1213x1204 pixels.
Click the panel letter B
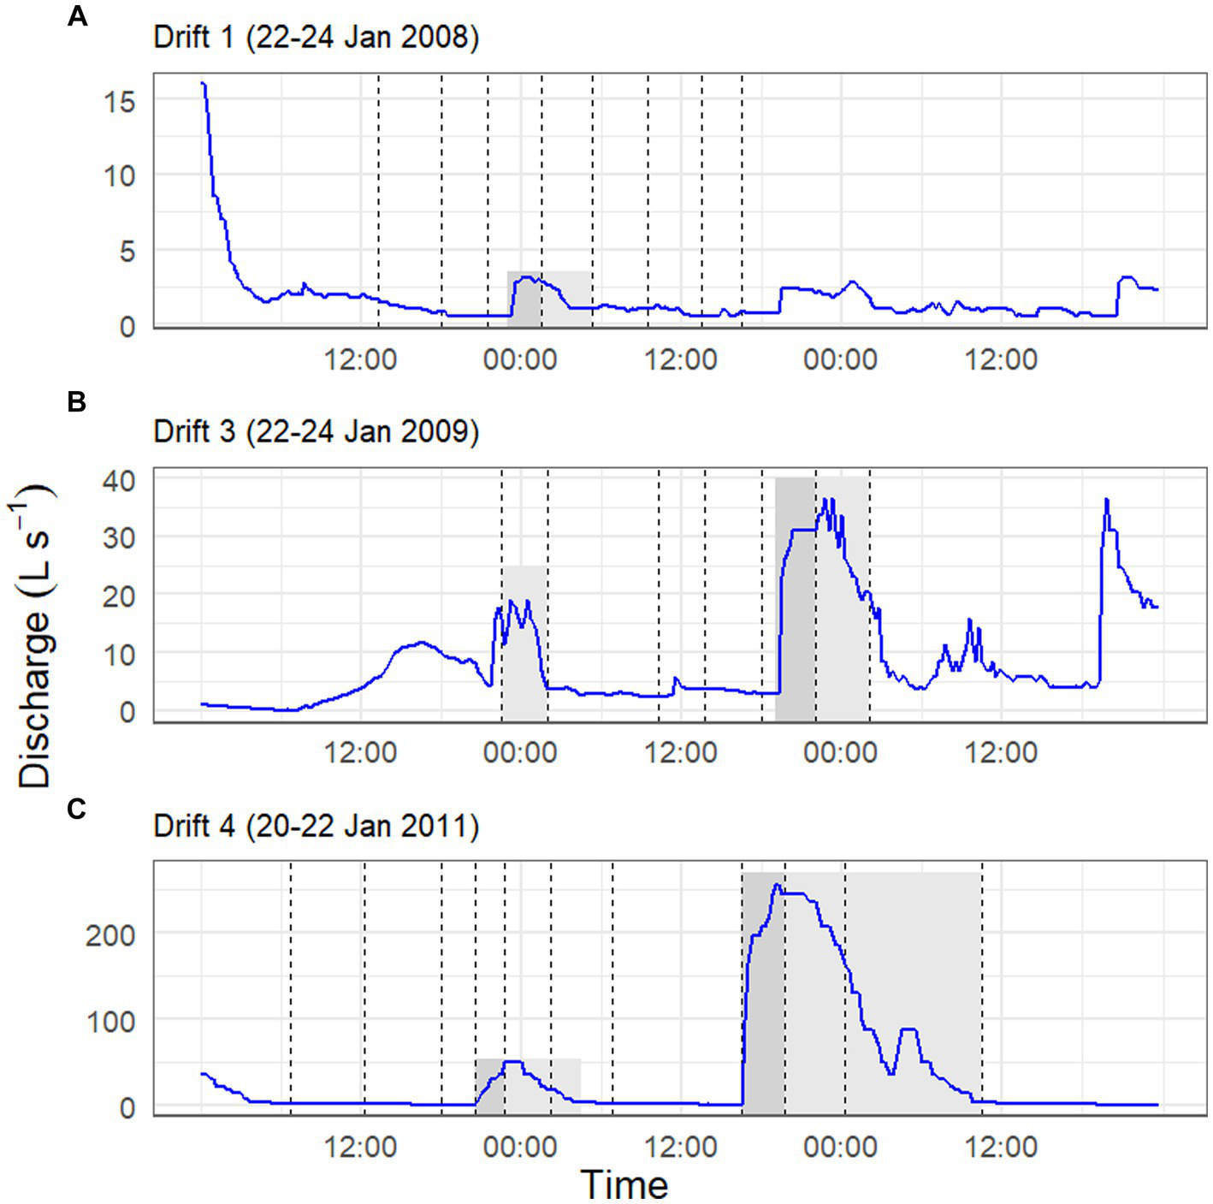(x=77, y=400)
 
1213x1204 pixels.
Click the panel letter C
(x=77, y=808)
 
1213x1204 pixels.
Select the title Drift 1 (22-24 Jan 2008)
(x=316, y=38)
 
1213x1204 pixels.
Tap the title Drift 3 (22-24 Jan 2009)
(x=316, y=430)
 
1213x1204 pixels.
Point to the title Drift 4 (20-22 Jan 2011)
(x=316, y=826)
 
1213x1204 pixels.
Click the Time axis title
(x=624, y=1184)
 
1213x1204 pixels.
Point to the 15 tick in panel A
(x=119, y=102)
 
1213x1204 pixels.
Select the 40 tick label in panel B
(x=119, y=481)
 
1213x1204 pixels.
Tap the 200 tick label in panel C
(x=110, y=935)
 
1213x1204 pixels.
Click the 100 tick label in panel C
(x=110, y=1022)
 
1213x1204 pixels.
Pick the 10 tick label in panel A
(x=119, y=176)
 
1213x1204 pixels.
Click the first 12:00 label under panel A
(x=360, y=359)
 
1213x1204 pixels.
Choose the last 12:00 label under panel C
(x=1001, y=1147)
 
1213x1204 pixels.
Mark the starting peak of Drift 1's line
(x=203, y=83)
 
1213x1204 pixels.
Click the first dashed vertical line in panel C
(x=291, y=984)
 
